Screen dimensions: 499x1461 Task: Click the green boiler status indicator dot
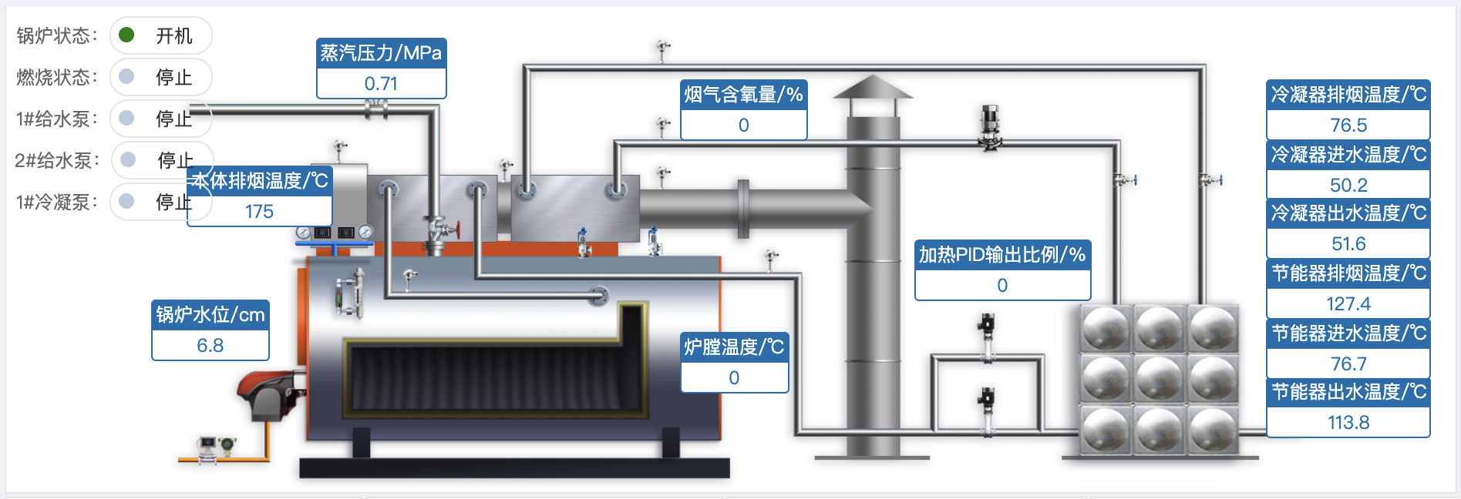127,35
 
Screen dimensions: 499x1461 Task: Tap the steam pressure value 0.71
381,83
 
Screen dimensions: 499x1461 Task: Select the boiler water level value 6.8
210,345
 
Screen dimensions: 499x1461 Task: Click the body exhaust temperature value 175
259,211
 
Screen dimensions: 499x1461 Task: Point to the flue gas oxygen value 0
743,125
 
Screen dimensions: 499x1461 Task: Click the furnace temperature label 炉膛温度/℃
734,347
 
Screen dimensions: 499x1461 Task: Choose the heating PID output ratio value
1002,285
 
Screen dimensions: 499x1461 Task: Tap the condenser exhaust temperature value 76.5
1348,125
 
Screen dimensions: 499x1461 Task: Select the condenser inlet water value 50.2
1348,185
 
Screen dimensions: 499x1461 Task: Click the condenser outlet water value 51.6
1348,244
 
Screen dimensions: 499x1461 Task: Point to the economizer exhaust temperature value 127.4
1348,303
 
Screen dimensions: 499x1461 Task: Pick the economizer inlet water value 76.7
1348,363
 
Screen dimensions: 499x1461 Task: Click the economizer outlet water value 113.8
1348,422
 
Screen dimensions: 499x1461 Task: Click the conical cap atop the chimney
873,87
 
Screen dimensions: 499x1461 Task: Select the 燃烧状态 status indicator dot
127,76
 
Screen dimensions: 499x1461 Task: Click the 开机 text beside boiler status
173,35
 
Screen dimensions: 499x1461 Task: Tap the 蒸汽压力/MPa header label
381,53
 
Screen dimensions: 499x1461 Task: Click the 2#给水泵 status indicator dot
128,159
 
